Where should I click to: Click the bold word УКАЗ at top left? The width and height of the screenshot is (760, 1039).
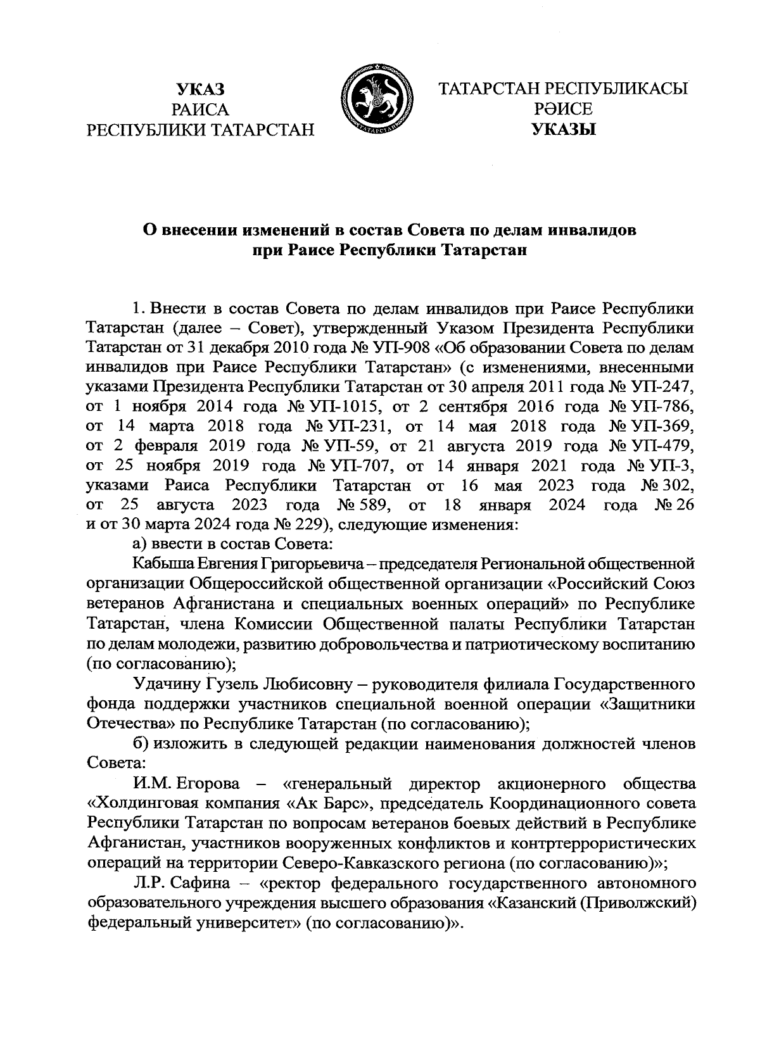click(201, 89)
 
